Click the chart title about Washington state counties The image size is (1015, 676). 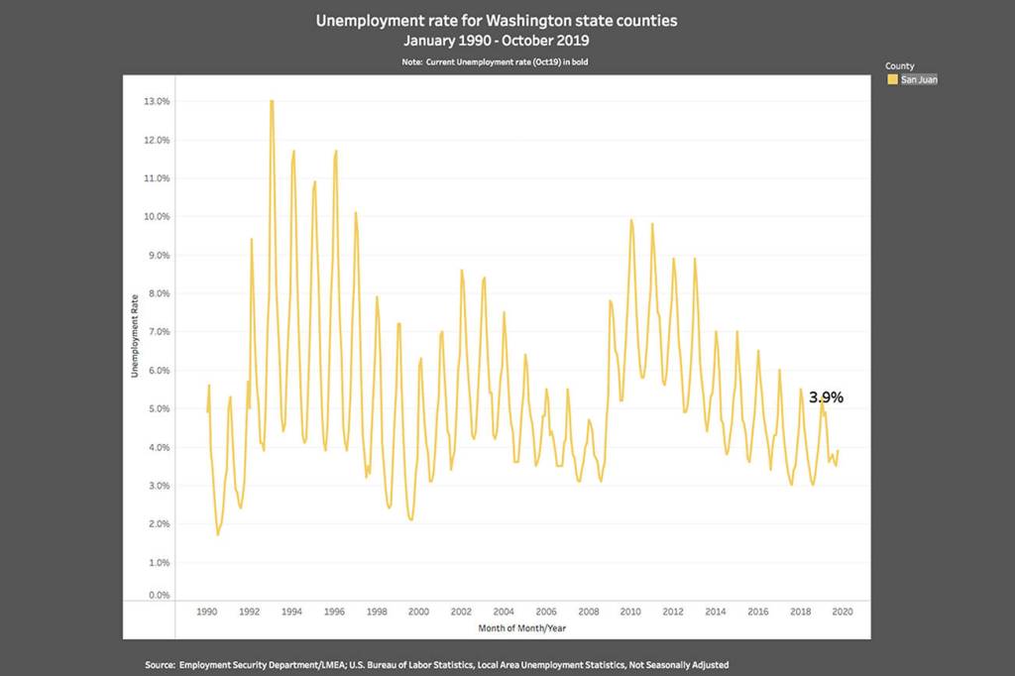pos(497,20)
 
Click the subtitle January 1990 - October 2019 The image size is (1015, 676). pos(497,41)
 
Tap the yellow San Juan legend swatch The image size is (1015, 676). pos(892,79)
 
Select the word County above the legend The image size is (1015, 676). pos(899,66)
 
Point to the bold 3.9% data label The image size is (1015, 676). pos(826,397)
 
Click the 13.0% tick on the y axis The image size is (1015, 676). pos(158,102)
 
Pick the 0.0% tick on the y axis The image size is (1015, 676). pos(158,596)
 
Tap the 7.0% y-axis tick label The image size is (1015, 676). pos(158,332)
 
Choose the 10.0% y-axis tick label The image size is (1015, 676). pos(158,217)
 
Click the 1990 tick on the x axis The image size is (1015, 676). pos(207,612)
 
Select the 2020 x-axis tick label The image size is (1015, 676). pos(844,612)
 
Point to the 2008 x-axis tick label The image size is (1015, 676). pos(589,612)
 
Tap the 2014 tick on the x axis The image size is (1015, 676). pos(716,612)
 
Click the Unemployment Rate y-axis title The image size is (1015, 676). pos(135,337)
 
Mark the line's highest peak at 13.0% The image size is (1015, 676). pos(272,101)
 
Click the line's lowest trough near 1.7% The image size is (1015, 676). pos(218,534)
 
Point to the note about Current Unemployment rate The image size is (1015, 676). pos(497,61)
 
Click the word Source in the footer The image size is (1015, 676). pos(161,664)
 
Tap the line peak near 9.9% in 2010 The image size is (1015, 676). pos(631,220)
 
